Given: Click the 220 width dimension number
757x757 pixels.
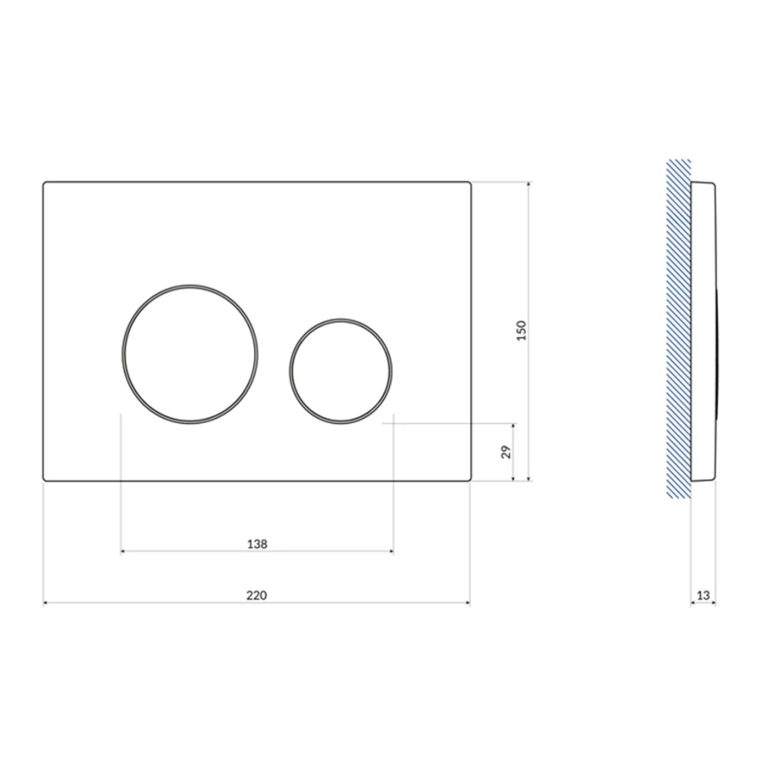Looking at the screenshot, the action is tap(256, 595).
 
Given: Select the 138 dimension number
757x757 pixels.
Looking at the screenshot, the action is tap(257, 544).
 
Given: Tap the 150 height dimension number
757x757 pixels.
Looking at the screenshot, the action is tap(521, 330).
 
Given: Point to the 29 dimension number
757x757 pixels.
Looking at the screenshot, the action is tap(505, 452).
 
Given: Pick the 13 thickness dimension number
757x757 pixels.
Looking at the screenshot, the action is tap(704, 595).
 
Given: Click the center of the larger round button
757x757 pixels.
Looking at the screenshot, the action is tap(190, 354).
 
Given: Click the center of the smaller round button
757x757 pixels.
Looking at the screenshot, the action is tap(341, 372).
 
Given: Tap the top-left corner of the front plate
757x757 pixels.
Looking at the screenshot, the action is tap(44, 182).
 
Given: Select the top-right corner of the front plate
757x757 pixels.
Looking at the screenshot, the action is tap(470, 182).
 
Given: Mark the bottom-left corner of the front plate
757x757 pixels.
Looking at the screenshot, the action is tap(44, 481).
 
